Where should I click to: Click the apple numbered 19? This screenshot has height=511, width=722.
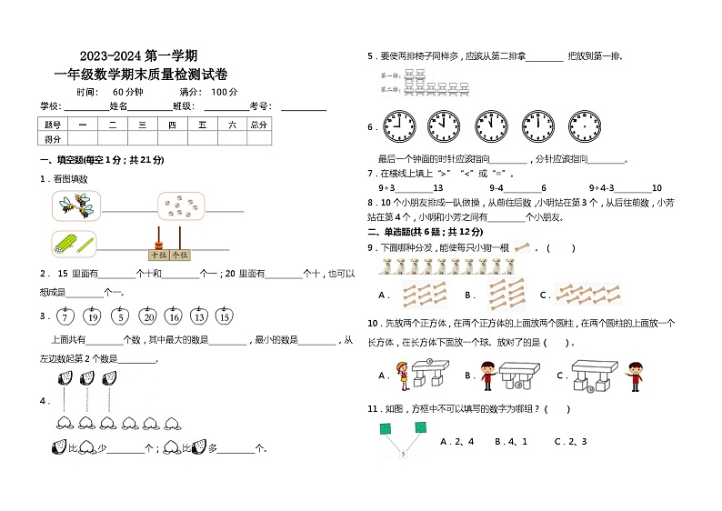[x=92, y=316]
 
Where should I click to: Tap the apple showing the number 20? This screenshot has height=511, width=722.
[x=146, y=316]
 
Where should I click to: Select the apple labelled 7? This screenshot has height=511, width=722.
[x=65, y=316]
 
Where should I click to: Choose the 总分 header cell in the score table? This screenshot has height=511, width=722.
[x=259, y=125]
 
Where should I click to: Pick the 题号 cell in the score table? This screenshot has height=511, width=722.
[x=53, y=125]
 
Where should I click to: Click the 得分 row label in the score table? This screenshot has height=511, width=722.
[x=53, y=139]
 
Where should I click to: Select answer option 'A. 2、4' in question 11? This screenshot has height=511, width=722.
[x=456, y=441]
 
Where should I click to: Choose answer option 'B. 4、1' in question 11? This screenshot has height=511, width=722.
[x=510, y=441]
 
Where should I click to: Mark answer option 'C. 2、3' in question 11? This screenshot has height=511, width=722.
[x=569, y=441]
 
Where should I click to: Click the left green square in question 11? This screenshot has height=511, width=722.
[x=386, y=427]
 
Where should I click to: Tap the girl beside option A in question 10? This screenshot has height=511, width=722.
[x=401, y=374]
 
